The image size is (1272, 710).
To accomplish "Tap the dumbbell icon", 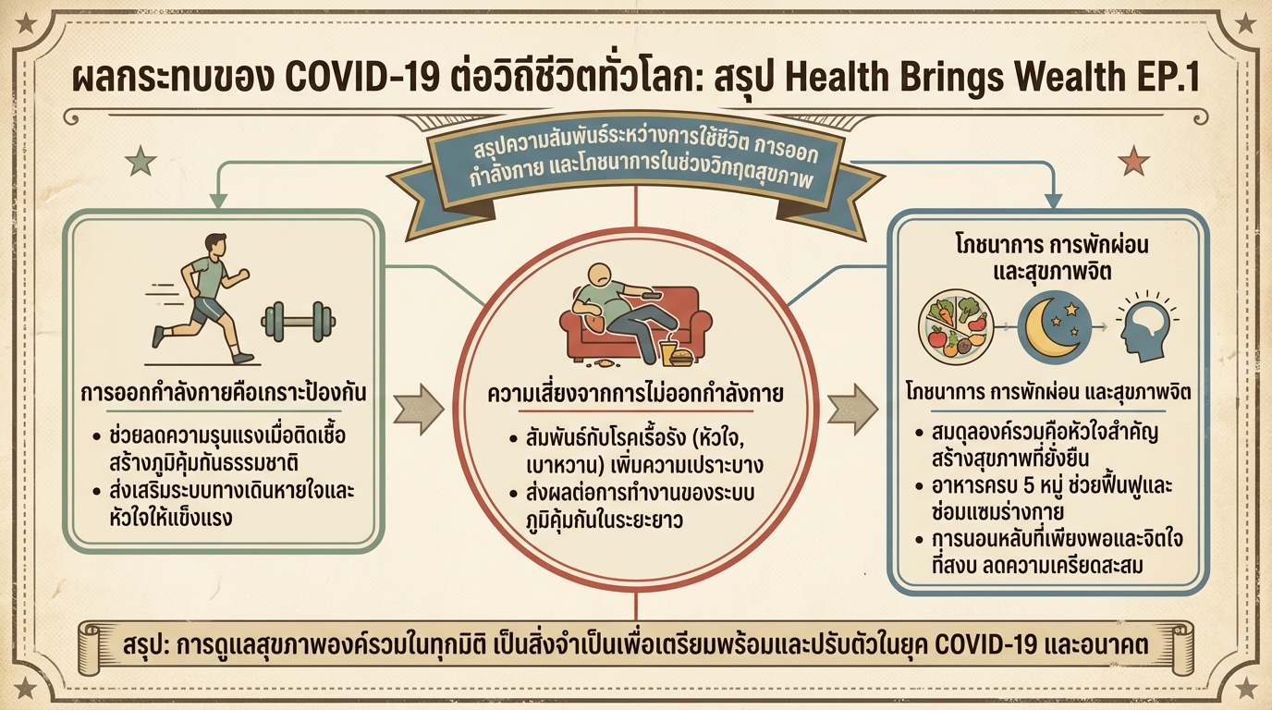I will pos(298,321).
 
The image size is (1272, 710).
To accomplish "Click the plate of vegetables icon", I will pos(955,328).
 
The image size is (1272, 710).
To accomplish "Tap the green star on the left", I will pos(140,162).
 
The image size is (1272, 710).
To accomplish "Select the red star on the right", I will pos(1132,161).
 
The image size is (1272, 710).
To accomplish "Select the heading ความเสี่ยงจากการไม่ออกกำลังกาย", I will pos(635,395).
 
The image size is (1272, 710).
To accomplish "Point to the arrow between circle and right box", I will pos(851,408).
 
